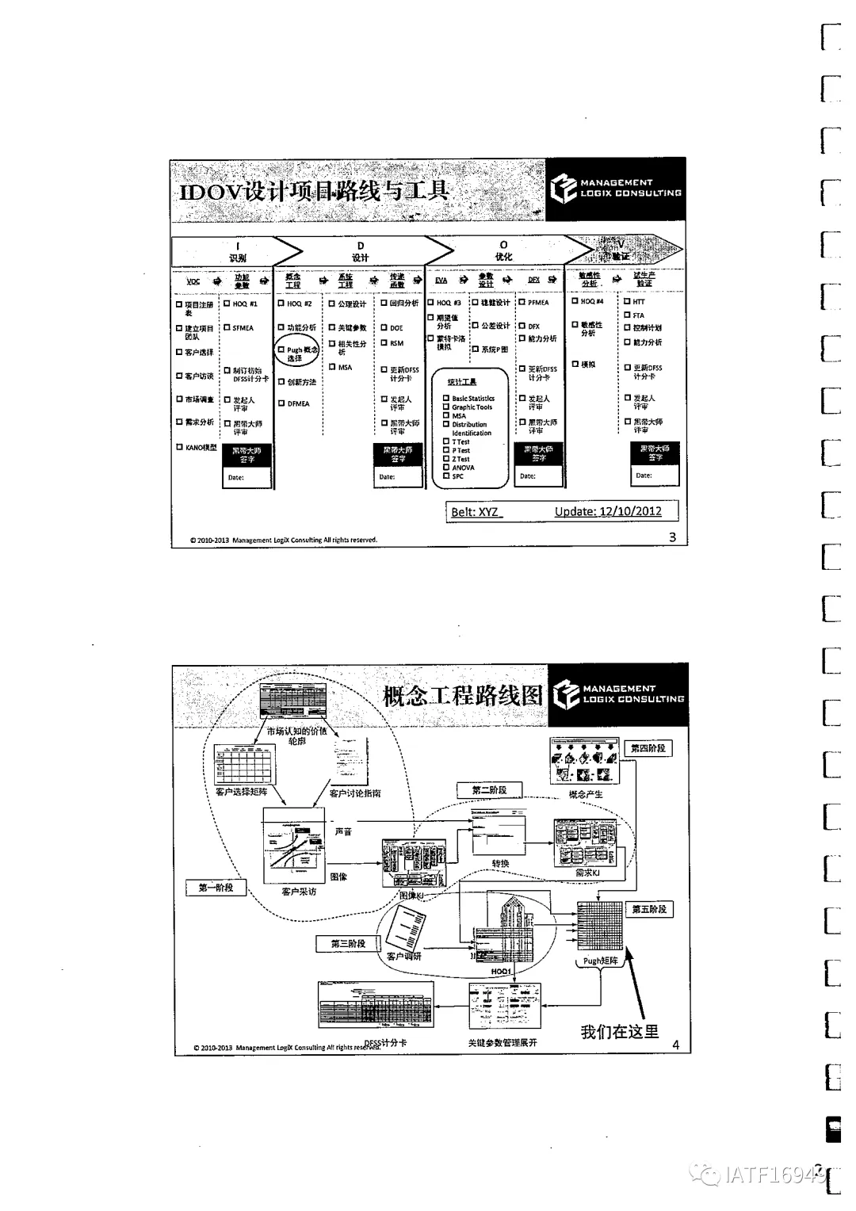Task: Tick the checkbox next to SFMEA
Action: [x=227, y=327]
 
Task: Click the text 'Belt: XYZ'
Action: [x=475, y=512]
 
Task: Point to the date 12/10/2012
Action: [x=630, y=511]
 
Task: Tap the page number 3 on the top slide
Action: [x=673, y=537]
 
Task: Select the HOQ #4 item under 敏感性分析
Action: [x=591, y=301]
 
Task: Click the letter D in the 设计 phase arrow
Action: [x=361, y=246]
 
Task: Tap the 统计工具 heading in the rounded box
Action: [x=462, y=382]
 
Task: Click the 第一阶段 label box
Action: [x=216, y=888]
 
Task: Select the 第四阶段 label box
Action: [x=648, y=748]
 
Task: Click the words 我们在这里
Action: [x=619, y=1031]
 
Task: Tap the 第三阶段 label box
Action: [x=349, y=943]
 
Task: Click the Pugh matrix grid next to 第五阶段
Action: [x=600, y=925]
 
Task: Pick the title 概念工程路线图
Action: [x=463, y=696]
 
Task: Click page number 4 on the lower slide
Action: [x=676, y=1045]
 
